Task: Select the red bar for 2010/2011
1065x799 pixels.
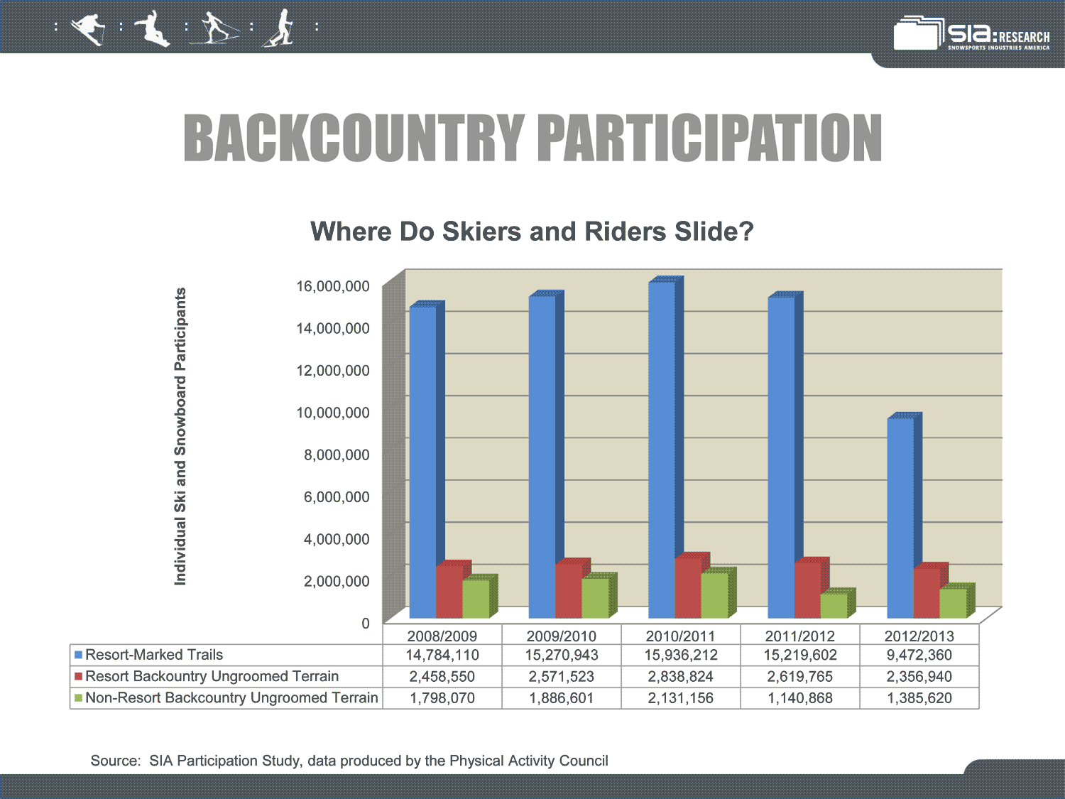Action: (x=692, y=585)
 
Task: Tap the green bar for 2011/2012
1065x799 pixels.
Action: (x=838, y=603)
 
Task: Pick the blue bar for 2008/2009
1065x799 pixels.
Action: (x=427, y=460)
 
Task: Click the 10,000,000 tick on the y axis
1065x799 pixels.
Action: (x=333, y=413)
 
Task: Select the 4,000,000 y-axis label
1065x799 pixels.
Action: (x=337, y=539)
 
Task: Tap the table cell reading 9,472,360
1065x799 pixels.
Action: (x=919, y=655)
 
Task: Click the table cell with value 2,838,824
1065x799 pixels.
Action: (x=680, y=676)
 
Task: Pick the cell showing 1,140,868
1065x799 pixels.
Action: (x=799, y=698)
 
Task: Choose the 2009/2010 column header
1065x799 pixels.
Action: (x=561, y=636)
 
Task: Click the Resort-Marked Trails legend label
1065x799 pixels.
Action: (x=154, y=655)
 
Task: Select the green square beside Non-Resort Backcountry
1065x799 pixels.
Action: (x=78, y=698)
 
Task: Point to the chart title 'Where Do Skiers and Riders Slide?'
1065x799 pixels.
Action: (x=532, y=232)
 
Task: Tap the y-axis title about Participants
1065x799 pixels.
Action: (x=180, y=436)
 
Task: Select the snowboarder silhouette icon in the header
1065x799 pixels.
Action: (x=152, y=28)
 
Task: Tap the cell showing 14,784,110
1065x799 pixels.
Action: (x=442, y=655)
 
